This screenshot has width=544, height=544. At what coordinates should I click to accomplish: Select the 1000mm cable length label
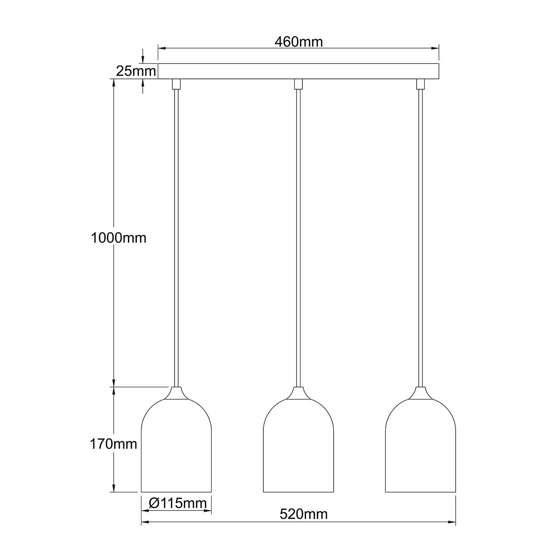click(x=119, y=238)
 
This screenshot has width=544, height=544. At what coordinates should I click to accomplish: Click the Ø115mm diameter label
click(x=177, y=503)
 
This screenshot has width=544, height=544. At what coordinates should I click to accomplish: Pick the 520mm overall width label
click(x=303, y=514)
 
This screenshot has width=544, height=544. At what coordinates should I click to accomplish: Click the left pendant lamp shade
click(x=177, y=449)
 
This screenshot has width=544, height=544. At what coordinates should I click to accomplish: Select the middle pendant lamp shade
click(x=299, y=449)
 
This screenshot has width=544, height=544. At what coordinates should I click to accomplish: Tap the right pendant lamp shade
click(x=420, y=449)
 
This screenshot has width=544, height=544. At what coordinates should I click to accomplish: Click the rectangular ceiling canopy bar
click(x=299, y=72)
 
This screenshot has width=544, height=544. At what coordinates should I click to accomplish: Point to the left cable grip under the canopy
click(x=176, y=84)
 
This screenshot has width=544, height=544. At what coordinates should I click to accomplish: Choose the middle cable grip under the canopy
click(x=298, y=84)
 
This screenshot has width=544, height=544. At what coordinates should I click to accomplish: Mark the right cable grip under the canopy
click(x=420, y=84)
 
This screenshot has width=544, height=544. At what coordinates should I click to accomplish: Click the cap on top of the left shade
click(x=177, y=393)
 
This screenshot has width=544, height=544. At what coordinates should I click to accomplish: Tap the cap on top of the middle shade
click(x=298, y=393)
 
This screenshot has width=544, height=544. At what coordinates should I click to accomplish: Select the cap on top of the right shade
click(x=420, y=393)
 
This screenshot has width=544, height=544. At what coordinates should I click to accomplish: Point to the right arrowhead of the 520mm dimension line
click(x=452, y=523)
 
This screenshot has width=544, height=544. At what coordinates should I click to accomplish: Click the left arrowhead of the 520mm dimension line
click(x=145, y=523)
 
